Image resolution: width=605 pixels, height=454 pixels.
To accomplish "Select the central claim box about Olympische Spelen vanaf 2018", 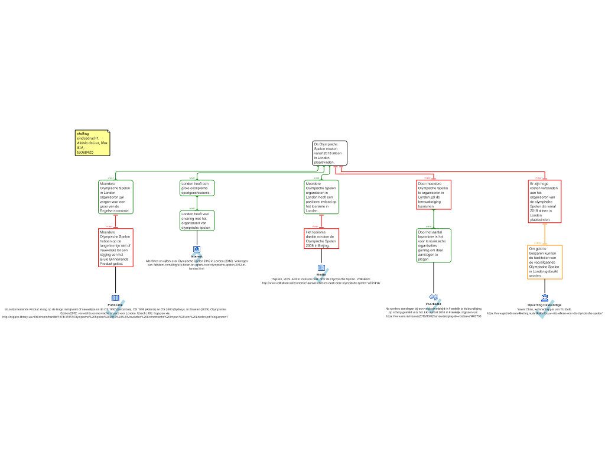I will [329, 153].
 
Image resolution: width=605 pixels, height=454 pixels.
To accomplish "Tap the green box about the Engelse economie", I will [115, 197].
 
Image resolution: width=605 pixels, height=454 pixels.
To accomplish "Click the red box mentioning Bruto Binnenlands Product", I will [115, 247].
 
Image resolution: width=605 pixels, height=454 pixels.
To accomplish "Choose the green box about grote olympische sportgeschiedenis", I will [197, 188].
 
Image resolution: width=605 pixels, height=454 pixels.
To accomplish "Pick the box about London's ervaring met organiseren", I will [197, 220].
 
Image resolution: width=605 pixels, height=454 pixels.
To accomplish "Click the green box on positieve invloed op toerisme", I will [321, 197].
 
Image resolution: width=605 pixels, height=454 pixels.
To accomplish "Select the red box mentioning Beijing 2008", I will [321, 238].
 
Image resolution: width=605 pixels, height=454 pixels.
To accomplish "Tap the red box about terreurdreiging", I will [434, 194].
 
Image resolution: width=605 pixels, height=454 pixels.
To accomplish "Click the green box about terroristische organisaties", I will [434, 245].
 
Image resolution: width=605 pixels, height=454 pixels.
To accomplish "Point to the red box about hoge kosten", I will [545, 202].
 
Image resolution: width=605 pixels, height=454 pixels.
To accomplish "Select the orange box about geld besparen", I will [545, 262].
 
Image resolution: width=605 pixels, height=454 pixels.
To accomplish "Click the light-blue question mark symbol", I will [197, 259].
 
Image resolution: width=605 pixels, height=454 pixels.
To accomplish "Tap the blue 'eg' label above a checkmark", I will [434, 297].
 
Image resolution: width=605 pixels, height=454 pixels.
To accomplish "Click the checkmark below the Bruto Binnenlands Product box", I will [116, 309].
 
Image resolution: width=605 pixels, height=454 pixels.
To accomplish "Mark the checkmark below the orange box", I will [545, 310].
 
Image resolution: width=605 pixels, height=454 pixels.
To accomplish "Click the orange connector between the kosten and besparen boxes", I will [545, 234].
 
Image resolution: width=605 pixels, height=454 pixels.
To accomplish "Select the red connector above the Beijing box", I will [321, 221].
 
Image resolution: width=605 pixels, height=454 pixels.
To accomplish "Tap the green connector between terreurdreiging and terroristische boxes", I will [434, 219].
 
